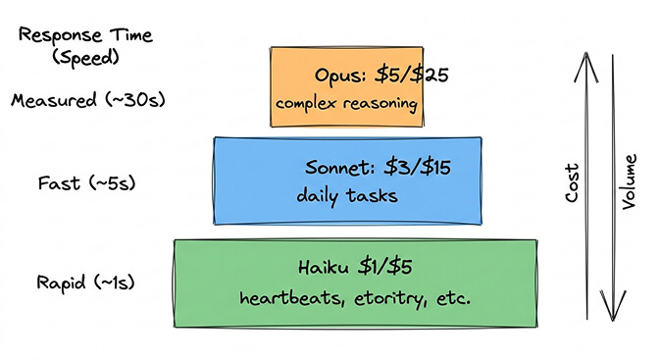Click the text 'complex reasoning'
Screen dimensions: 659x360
point(347,103)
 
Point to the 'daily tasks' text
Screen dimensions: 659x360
point(347,196)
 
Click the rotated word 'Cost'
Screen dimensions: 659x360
point(574,181)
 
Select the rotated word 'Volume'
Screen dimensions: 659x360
point(629,181)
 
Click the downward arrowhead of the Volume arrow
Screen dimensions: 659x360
point(613,312)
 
